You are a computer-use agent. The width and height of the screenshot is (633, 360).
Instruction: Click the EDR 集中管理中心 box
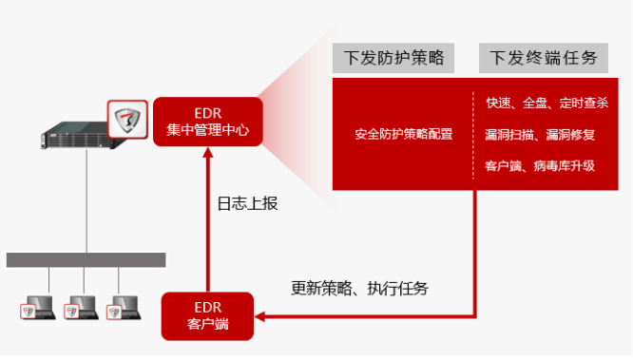[x=208, y=122]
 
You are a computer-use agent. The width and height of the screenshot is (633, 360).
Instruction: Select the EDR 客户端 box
[x=207, y=316]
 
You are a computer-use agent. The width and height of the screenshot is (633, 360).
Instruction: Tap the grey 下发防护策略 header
[x=393, y=58]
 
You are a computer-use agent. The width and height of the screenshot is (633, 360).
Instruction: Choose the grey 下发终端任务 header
[x=544, y=58]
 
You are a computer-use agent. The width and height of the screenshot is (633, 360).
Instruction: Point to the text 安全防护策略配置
[x=404, y=134]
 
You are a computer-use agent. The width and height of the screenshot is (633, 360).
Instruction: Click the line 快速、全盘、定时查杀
[x=547, y=103]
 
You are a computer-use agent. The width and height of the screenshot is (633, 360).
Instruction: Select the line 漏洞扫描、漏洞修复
[x=540, y=134]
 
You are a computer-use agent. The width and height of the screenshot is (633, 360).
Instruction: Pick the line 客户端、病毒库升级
[x=540, y=166]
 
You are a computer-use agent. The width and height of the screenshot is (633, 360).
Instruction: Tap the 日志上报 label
[x=247, y=203]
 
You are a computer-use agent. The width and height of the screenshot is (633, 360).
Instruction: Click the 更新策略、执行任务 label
[x=359, y=288]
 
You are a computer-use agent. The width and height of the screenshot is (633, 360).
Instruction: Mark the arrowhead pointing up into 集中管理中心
[x=208, y=152]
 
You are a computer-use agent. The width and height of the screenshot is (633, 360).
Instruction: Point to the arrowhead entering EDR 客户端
[x=260, y=316]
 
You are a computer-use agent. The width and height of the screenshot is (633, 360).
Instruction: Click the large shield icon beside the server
[x=127, y=120]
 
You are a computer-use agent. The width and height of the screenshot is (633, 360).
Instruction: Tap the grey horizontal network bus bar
[x=86, y=260]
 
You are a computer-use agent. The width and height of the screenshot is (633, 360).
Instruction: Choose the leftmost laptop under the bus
[x=38, y=308]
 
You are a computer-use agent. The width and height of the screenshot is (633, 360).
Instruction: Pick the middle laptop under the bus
[x=81, y=308]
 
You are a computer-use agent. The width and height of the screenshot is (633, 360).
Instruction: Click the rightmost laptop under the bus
[x=124, y=308]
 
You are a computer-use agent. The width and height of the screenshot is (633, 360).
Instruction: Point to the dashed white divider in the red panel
[x=473, y=135]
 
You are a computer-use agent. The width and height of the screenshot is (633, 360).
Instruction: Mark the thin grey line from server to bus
[x=86, y=201]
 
